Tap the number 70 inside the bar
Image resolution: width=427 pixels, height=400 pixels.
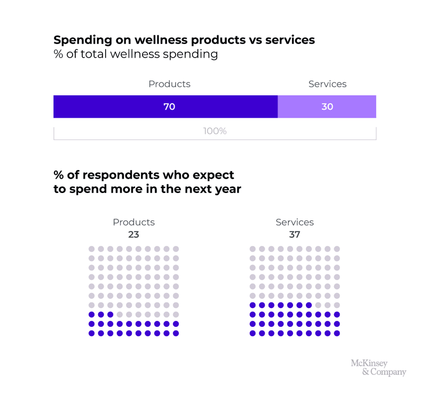pos(169,106)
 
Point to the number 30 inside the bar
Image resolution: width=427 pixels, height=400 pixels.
pos(327,106)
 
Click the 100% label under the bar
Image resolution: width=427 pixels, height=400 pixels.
pos(215,130)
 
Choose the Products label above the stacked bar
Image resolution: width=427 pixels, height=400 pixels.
pos(169,84)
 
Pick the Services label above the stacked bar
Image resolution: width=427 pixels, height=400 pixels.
pos(327,84)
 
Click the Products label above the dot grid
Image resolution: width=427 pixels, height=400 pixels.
pos(133,222)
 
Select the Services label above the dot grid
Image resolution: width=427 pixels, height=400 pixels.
pos(295,222)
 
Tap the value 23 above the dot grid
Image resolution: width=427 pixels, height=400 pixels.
pos(133,234)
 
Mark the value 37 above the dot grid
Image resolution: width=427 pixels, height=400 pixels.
pos(295,234)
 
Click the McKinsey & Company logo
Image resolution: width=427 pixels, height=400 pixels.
pos(378,367)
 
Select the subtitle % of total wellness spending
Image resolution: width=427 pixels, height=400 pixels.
pos(136,54)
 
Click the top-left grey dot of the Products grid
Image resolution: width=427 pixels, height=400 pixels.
pos(91,249)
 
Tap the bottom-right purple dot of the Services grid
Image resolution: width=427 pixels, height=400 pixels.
pos(336,333)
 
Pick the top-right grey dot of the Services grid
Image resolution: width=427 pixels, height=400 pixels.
pos(336,249)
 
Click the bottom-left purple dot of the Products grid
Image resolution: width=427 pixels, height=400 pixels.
pos(91,333)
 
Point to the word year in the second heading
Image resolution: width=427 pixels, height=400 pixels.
pos(227,189)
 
